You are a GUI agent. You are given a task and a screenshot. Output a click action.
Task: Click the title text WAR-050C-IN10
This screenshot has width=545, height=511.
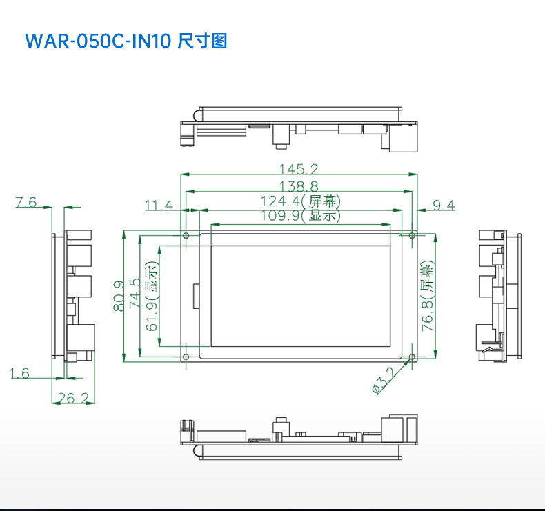[97, 41]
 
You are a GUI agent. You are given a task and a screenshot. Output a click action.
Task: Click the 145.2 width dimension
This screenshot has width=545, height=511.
[298, 169]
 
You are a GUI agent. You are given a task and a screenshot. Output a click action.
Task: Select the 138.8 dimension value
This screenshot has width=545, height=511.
[298, 186]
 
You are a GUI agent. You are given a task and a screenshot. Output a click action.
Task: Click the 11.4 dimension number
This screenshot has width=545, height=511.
[159, 205]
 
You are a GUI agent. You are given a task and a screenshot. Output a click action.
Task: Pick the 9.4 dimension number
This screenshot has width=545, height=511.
[444, 205]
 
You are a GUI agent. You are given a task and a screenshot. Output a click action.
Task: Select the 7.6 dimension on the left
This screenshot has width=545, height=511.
[26, 202]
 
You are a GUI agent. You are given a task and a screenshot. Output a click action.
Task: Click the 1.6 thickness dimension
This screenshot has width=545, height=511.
[20, 373]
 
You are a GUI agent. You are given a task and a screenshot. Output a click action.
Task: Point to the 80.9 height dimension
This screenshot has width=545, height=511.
[119, 295]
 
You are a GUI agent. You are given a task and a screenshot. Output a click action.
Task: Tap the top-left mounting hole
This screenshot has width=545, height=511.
[186, 236]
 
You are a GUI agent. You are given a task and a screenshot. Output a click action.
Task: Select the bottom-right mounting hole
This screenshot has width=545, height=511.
[412, 357]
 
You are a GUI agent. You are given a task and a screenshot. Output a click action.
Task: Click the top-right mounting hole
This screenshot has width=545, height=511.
[412, 236]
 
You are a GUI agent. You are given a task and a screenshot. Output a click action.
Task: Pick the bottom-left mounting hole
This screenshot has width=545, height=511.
[186, 357]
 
